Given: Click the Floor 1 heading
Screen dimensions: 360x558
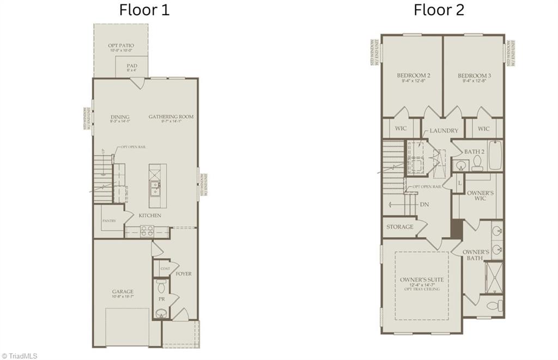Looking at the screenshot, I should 144,10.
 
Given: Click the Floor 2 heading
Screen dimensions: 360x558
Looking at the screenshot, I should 439,10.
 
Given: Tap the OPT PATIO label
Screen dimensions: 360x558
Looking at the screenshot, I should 121,46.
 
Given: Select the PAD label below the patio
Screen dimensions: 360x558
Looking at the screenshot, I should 132,65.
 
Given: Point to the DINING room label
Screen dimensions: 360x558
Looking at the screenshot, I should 120,117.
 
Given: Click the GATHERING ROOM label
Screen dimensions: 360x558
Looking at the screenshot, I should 171,117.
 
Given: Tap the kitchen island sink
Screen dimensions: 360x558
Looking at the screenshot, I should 155,187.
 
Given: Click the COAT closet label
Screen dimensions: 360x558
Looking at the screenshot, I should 165,269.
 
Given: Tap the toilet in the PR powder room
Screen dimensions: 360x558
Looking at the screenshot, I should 161,287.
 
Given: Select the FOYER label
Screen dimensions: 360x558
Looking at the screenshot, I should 184,273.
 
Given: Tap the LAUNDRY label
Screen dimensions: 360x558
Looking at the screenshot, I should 444,131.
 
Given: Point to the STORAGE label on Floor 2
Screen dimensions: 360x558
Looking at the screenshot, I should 399,227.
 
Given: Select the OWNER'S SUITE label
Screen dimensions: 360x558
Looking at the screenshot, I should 422,279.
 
